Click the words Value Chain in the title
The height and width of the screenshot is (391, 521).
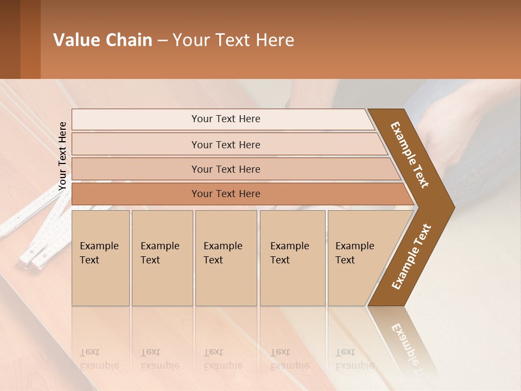point(103,40)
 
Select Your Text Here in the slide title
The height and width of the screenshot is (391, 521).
point(233,40)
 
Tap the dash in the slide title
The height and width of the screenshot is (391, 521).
point(162,41)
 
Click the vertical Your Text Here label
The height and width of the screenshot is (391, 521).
point(62,156)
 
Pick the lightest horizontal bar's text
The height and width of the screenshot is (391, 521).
point(226,119)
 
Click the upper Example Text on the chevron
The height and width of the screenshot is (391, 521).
point(410,155)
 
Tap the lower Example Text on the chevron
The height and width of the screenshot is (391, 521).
point(411,257)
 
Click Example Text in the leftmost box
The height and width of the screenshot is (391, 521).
point(99,253)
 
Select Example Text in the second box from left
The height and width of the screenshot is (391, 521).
point(160,253)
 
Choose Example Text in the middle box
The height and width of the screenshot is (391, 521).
point(223,253)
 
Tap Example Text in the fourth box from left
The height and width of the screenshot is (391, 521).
point(289,253)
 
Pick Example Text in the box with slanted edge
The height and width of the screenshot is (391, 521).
point(354,253)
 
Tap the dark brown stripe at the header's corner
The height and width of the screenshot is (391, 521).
point(10,39)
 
